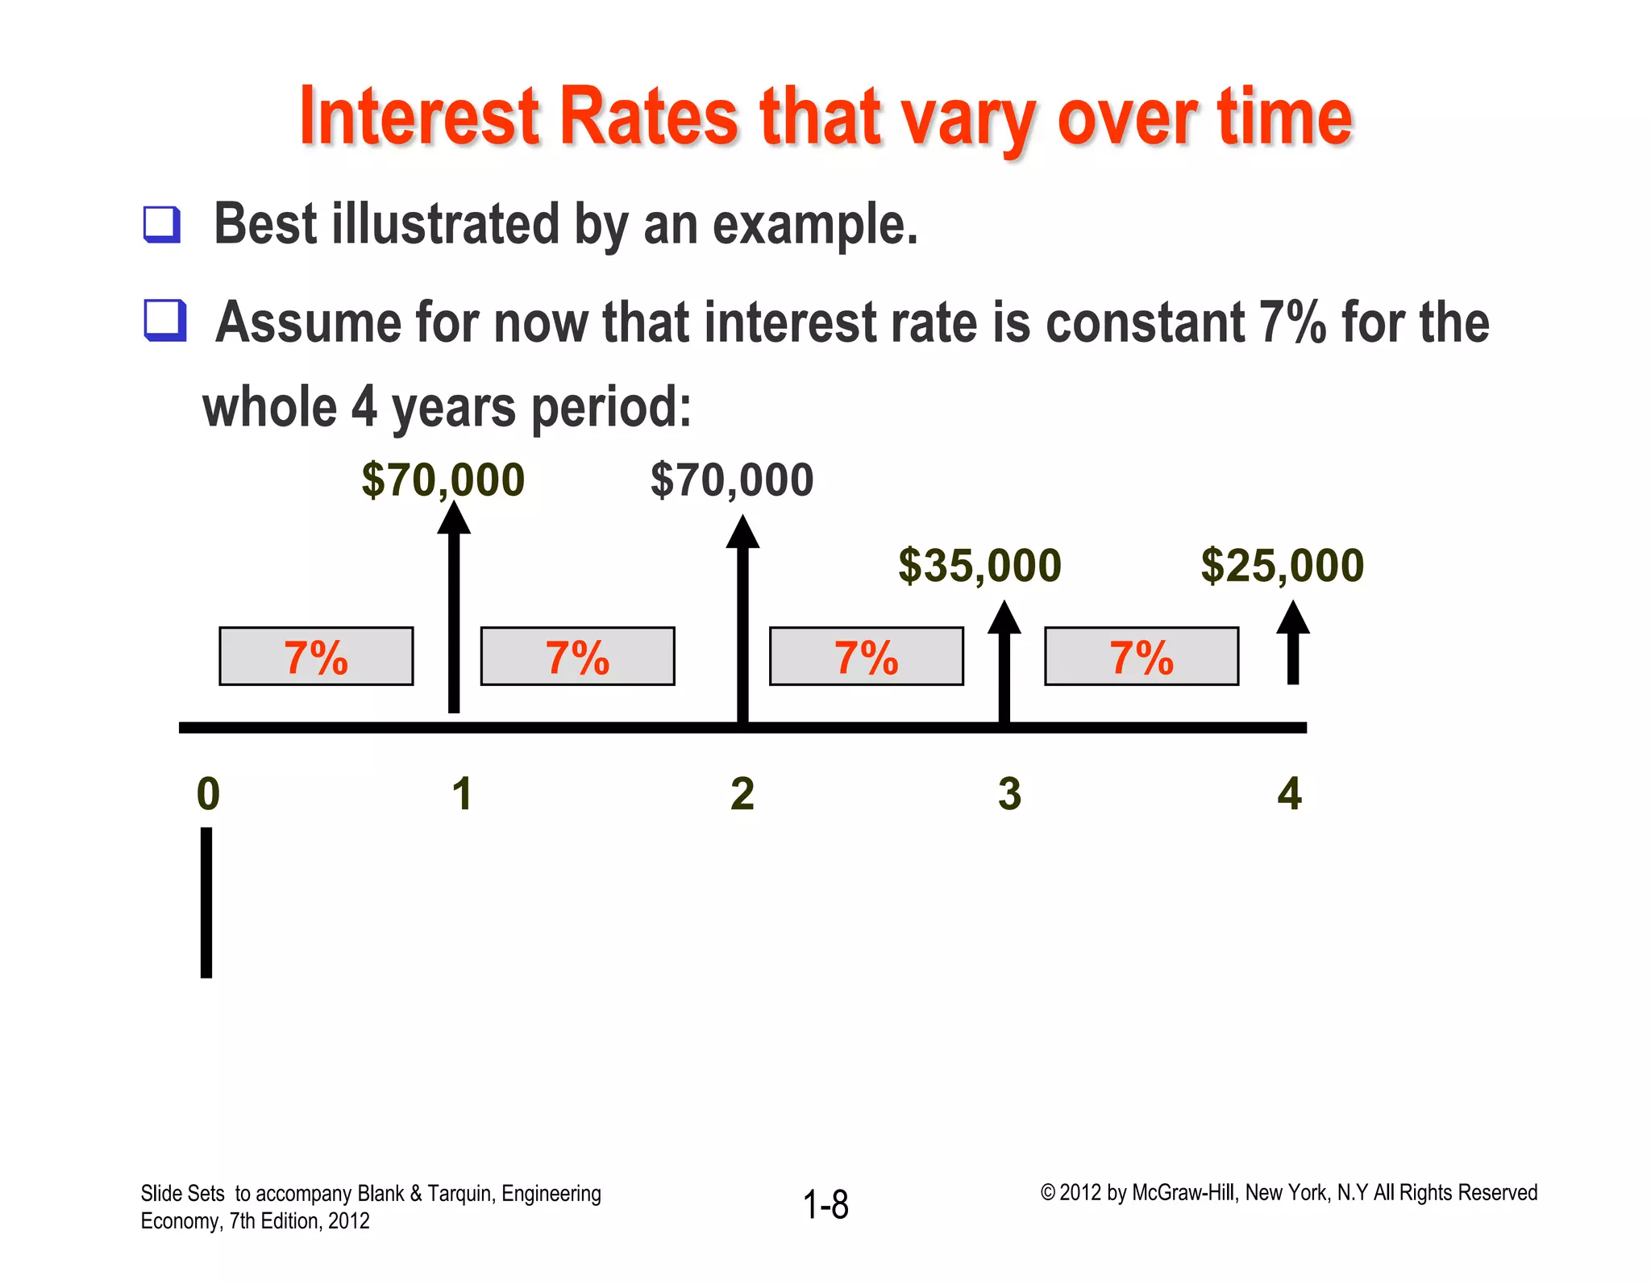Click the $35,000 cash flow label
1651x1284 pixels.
click(x=979, y=565)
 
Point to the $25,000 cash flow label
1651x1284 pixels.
click(x=1282, y=565)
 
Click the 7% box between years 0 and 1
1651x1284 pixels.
click(x=316, y=656)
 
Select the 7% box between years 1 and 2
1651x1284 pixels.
click(x=577, y=656)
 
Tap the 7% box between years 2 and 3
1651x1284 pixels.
click(x=866, y=656)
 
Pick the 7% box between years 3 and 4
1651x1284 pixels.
click(x=1142, y=656)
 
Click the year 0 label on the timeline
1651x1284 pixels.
click(x=208, y=794)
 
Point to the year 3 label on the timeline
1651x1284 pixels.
click(x=1009, y=794)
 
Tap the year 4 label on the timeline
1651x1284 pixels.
click(x=1289, y=794)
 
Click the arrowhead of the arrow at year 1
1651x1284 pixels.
click(x=454, y=518)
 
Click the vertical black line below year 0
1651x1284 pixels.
click(x=206, y=902)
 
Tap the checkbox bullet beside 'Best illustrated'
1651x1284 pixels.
click(x=162, y=224)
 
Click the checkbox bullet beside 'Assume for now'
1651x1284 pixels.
click(x=165, y=320)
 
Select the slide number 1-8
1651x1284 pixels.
click(x=825, y=1205)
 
